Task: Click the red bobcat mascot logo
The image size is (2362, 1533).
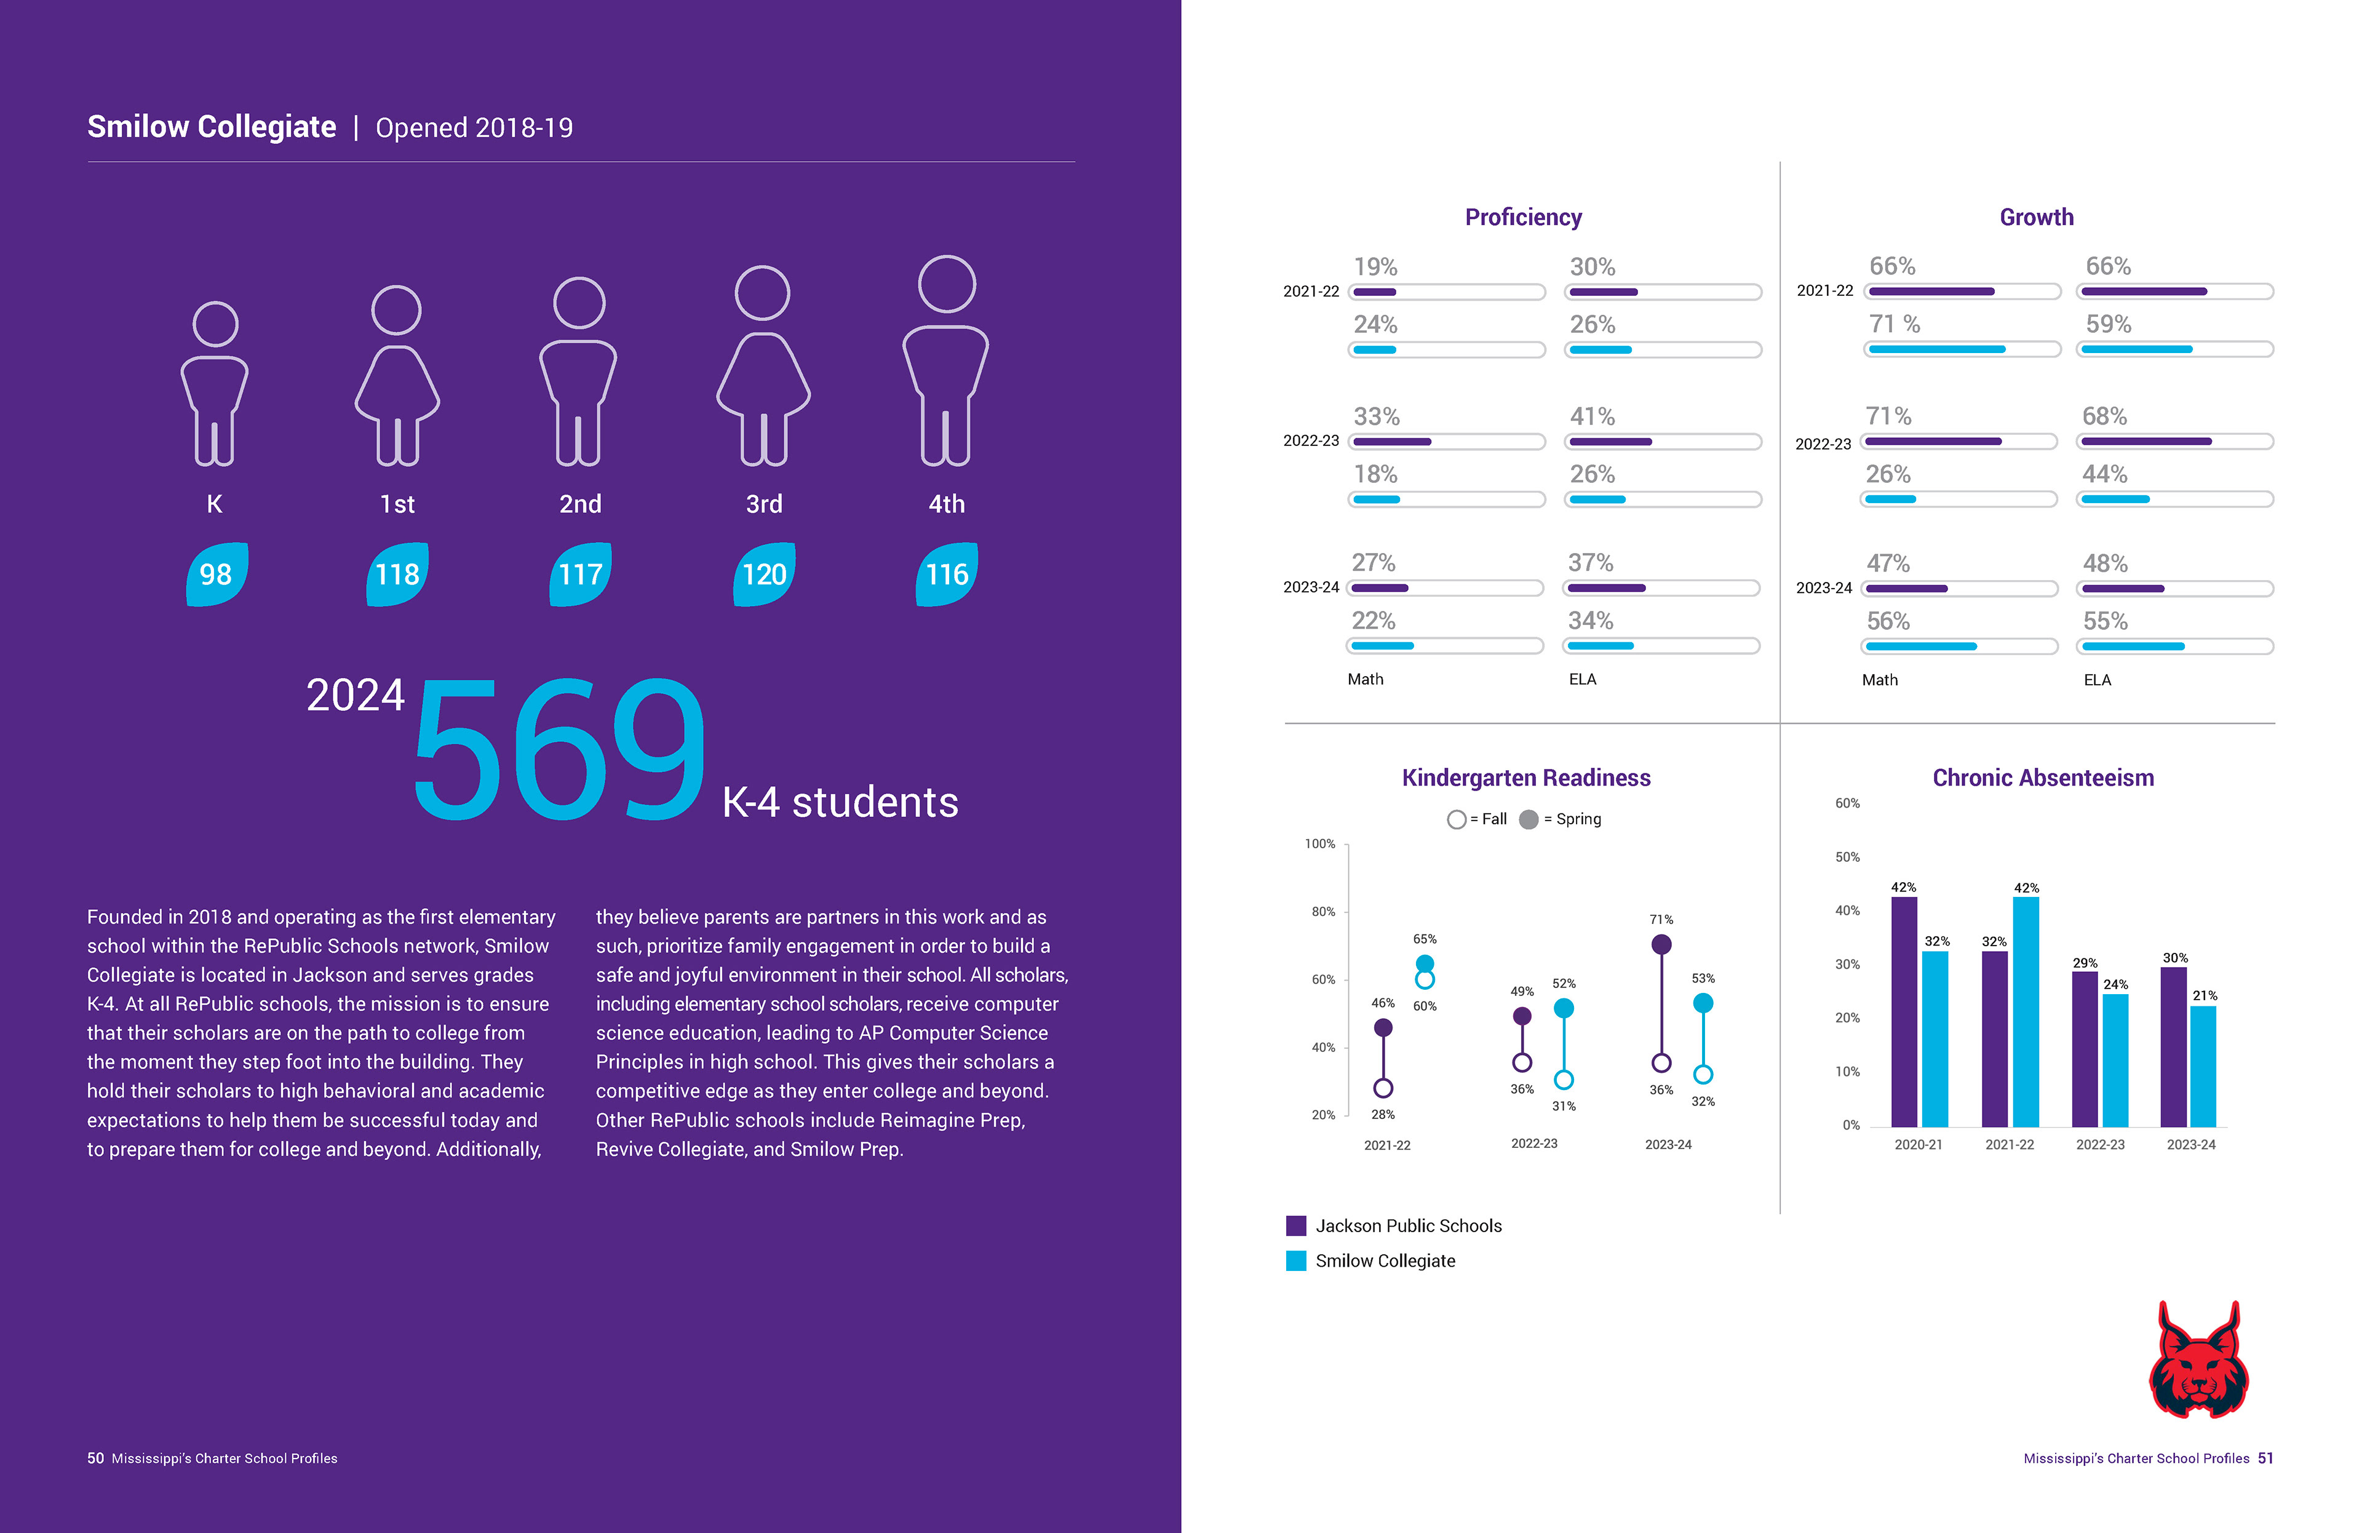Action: (2198, 1361)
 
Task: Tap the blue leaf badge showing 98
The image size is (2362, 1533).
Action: (217, 575)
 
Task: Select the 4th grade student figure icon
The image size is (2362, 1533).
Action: (946, 362)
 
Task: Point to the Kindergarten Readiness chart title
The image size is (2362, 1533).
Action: (1525, 778)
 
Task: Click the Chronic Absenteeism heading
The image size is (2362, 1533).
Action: (2042, 778)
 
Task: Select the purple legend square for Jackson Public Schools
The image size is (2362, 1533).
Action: (1296, 1225)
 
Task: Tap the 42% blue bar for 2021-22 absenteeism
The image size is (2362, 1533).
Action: (2026, 1012)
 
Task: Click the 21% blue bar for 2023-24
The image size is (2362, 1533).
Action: (2203, 1067)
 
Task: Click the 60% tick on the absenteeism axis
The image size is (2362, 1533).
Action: (1847, 803)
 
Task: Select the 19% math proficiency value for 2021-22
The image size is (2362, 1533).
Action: (1375, 267)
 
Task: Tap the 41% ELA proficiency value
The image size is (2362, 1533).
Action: (1592, 416)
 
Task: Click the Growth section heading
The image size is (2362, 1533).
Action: (2037, 217)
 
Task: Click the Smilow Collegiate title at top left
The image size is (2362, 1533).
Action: (212, 127)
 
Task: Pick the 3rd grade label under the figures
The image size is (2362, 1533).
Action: (764, 504)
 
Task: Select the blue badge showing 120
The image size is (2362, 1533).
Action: (764, 575)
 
